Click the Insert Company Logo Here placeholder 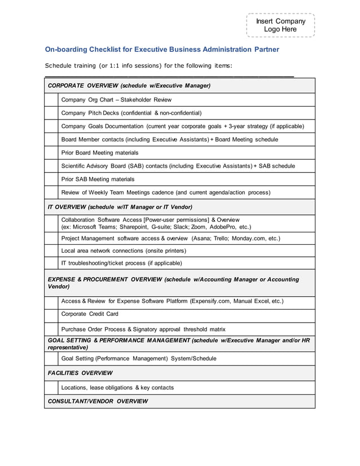[280, 25]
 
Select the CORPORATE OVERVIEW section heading [129, 86]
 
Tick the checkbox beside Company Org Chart [51, 100]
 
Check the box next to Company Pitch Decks [51, 113]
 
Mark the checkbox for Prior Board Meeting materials [51, 153]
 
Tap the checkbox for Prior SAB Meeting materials [51, 179]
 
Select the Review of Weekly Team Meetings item [165, 193]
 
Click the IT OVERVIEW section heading [120, 207]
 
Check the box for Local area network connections [51, 250]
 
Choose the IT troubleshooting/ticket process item [121, 263]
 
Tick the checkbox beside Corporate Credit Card [51, 315]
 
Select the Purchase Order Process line [143, 329]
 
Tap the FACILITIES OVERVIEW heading [80, 373]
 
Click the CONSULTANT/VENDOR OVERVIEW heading [98, 402]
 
